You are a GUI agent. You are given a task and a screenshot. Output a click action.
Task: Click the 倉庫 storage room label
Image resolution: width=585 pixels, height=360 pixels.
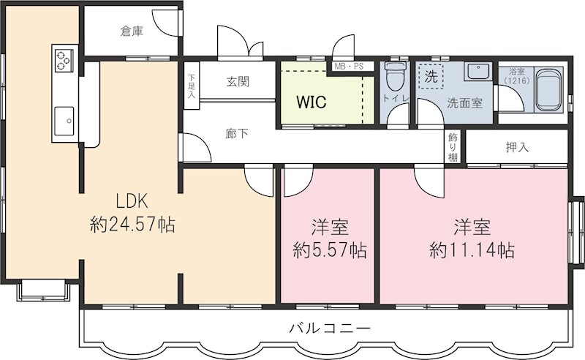point(132,32)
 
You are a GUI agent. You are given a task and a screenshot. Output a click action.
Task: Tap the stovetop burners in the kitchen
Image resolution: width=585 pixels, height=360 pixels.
point(64,58)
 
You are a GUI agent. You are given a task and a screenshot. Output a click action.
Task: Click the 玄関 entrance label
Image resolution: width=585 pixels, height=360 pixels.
point(237,81)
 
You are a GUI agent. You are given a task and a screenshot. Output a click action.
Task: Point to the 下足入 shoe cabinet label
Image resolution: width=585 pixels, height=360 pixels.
point(191,86)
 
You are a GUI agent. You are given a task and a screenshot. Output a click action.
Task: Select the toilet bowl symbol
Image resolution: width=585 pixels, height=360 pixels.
point(396,75)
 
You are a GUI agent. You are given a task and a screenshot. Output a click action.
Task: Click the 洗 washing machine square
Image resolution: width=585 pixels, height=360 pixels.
point(432,75)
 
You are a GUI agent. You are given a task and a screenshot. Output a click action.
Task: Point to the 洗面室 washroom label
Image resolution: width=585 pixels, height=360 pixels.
point(464,102)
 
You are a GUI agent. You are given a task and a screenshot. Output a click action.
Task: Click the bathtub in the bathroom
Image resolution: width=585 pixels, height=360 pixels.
point(548,91)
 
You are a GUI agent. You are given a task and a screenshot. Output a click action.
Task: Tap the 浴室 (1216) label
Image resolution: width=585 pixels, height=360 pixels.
point(518,77)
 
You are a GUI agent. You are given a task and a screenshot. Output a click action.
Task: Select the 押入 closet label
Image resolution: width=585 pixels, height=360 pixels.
point(517,147)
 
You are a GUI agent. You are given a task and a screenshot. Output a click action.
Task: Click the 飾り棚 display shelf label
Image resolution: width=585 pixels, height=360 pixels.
point(453,147)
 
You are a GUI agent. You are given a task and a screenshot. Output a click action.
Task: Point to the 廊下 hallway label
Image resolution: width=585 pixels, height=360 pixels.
point(235,133)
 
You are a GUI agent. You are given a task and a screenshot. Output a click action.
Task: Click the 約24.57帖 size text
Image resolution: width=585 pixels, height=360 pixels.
point(132,225)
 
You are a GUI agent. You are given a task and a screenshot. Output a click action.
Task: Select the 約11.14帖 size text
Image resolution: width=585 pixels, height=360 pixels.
point(472,250)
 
